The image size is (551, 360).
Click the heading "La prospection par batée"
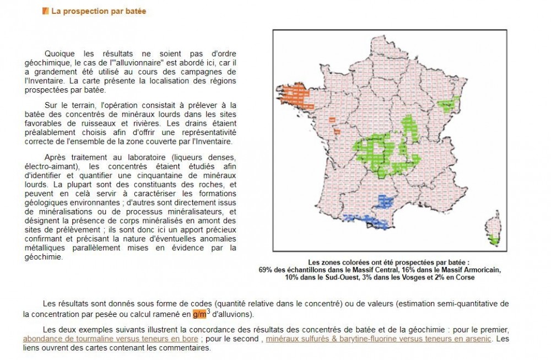[x=99, y=11]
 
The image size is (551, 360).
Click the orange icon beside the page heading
[x=46, y=11]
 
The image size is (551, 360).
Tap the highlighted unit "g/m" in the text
[x=199, y=315]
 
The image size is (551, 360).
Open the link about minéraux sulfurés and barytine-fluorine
[x=378, y=338]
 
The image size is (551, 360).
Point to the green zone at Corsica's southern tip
[x=495, y=241]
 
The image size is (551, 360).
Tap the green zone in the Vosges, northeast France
[x=448, y=103]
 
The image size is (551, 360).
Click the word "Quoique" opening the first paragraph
[x=59, y=53]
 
